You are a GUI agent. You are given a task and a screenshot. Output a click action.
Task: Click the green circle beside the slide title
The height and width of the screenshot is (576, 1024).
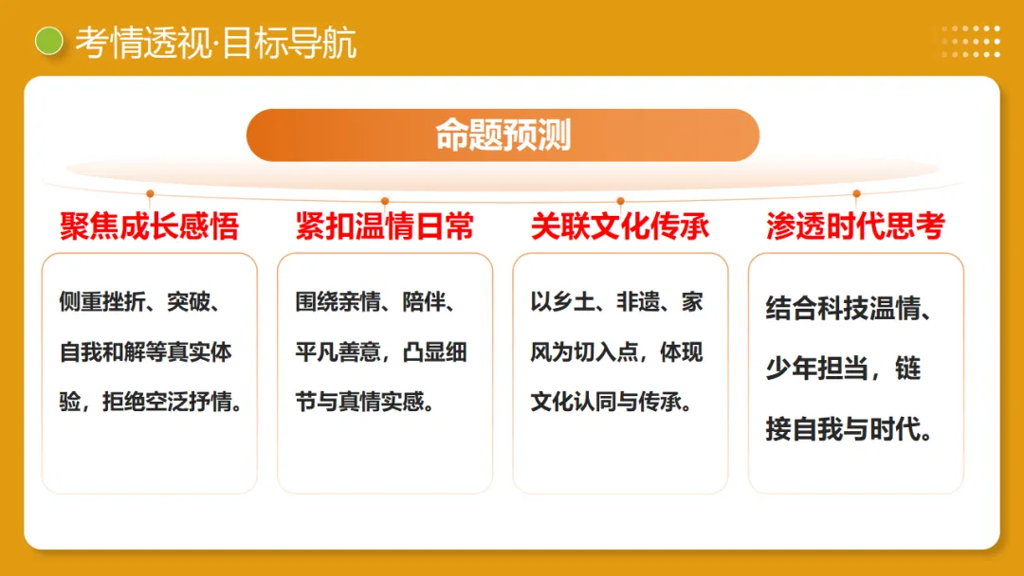tap(48, 41)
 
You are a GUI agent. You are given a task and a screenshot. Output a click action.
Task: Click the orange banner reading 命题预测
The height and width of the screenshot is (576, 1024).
tap(503, 135)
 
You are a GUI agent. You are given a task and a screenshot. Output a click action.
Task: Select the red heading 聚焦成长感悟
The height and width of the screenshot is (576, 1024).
tap(149, 226)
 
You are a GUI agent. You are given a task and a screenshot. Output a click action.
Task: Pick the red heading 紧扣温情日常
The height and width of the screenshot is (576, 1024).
tap(384, 226)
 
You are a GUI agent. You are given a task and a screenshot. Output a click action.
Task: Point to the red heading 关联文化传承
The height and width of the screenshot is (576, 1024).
tap(620, 226)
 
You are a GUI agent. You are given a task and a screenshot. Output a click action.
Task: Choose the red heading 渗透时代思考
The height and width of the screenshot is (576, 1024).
tap(855, 226)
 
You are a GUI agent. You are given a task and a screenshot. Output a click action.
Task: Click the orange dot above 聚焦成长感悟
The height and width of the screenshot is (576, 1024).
tap(150, 193)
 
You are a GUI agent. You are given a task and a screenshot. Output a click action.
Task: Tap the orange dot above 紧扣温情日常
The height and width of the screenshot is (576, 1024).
tap(385, 201)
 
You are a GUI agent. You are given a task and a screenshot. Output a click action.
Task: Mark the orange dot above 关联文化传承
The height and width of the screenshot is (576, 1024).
tap(620, 201)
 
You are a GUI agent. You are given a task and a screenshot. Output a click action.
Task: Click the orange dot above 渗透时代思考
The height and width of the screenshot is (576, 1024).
tap(856, 193)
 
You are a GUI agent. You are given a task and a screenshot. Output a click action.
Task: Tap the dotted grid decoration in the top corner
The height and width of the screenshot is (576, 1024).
tap(970, 41)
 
